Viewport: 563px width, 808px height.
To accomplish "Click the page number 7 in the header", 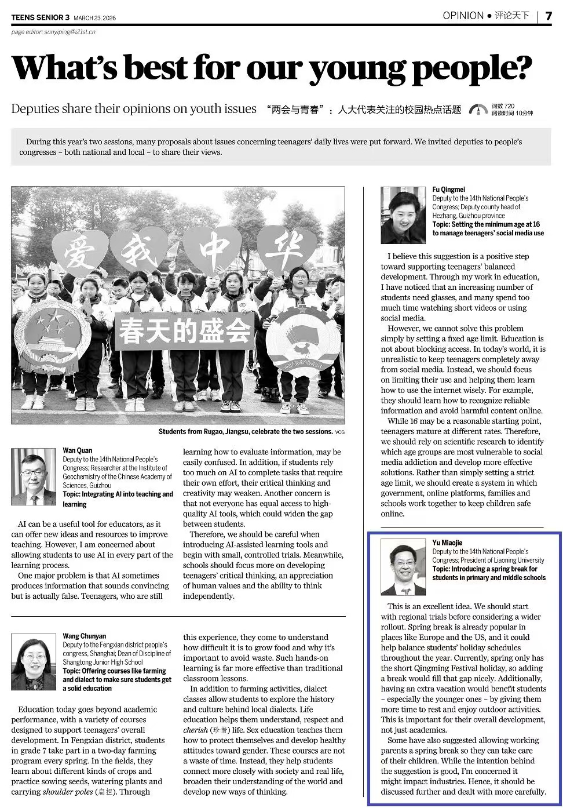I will [548, 16].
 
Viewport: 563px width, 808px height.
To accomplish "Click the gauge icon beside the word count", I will [478, 110].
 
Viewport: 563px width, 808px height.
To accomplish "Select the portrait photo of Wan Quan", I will [34, 476].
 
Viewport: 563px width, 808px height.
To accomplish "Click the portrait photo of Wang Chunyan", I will [34, 661].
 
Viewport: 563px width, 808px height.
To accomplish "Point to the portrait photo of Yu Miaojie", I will [403, 567].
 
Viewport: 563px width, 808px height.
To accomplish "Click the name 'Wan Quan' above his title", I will [77, 450].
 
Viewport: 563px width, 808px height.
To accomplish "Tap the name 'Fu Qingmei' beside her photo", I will [448, 190].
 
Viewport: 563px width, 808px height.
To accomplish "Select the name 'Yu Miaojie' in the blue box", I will [447, 543].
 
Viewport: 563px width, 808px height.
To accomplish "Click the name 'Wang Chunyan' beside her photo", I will [84, 636].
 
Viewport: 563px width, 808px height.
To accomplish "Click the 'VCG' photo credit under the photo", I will [339, 432].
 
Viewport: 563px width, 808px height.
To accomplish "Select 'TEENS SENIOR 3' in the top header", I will [40, 18].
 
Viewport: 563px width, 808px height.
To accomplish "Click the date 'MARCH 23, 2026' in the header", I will [94, 18].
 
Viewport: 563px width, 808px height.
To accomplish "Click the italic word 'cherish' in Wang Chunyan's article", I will [195, 730].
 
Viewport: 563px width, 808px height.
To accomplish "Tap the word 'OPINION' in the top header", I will [463, 16].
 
